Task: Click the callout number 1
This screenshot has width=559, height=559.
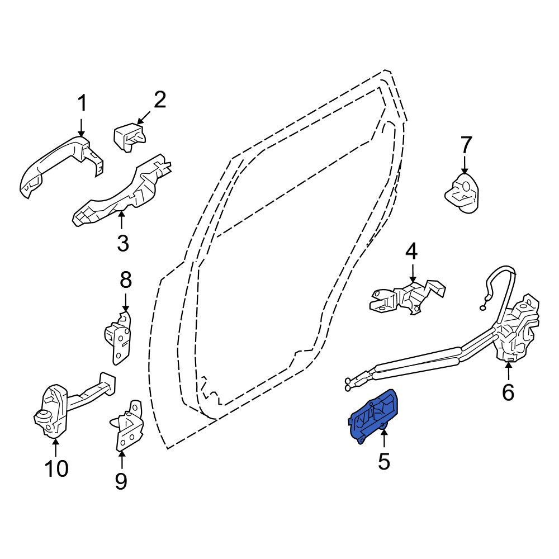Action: (x=82, y=103)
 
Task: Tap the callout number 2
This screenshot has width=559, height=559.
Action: (x=160, y=100)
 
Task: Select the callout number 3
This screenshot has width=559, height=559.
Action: (x=123, y=244)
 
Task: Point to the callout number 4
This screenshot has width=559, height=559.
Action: (x=412, y=252)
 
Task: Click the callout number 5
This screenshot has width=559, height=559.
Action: (x=384, y=461)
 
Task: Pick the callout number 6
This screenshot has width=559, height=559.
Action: (x=508, y=392)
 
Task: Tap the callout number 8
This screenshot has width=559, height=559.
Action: (x=125, y=280)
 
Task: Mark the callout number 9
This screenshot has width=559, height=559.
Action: (x=121, y=481)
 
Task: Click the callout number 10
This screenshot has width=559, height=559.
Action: (x=56, y=468)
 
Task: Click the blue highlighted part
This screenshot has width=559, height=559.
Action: (x=372, y=416)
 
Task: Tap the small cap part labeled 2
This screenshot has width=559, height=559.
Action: (x=129, y=137)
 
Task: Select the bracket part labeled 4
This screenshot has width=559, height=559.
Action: (x=408, y=297)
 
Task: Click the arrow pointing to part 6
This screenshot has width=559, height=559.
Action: (x=508, y=371)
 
